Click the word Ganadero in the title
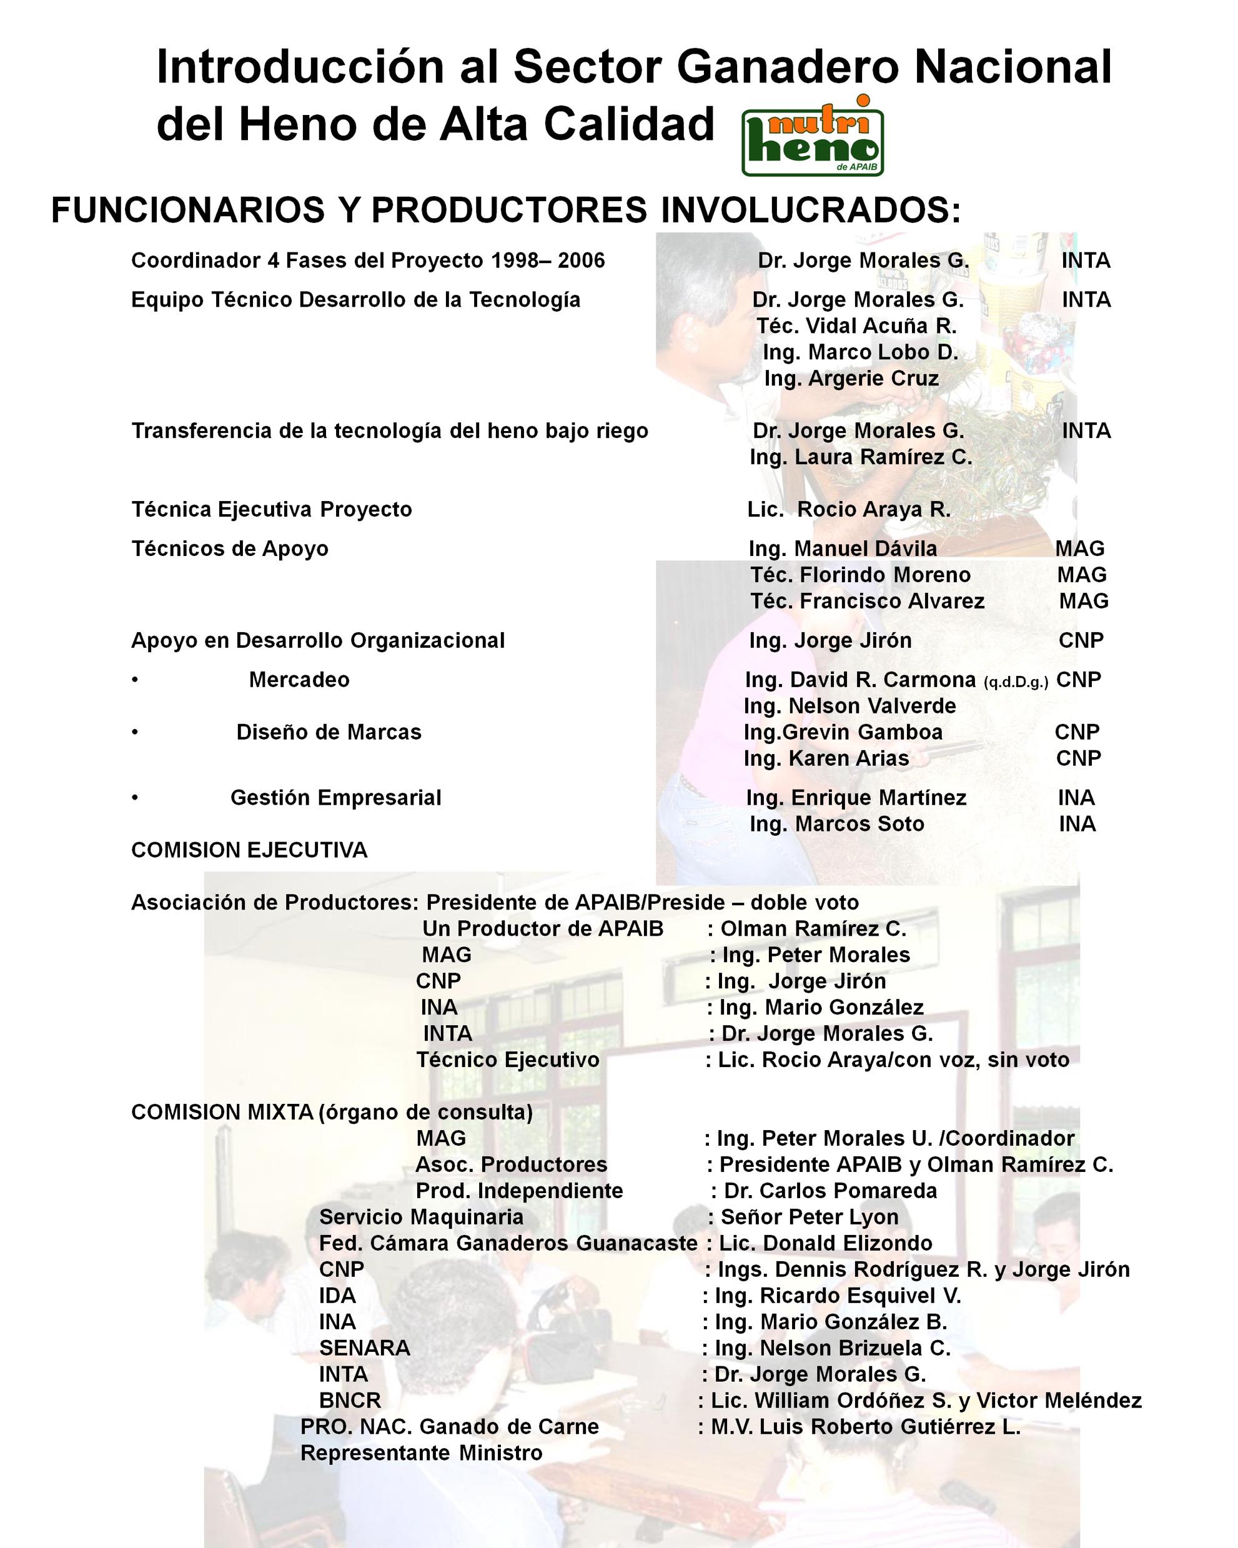pyautogui.click(x=787, y=67)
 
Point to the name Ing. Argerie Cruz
pyautogui.click(x=851, y=379)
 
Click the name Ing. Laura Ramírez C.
pyautogui.click(x=860, y=457)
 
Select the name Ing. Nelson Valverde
pyautogui.click(x=849, y=706)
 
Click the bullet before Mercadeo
pyautogui.click(x=135, y=680)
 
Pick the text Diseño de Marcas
pyautogui.click(x=329, y=732)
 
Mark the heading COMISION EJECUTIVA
pyautogui.click(x=249, y=850)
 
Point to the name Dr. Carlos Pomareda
pyautogui.click(x=830, y=1191)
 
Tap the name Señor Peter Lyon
pyautogui.click(x=810, y=1217)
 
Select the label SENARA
pyautogui.click(x=365, y=1347)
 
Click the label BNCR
pyautogui.click(x=350, y=1400)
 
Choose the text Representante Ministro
pyautogui.click(x=421, y=1452)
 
